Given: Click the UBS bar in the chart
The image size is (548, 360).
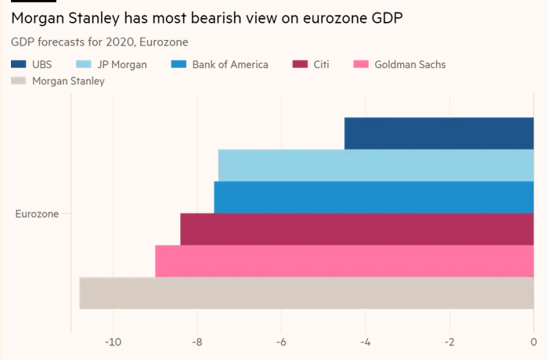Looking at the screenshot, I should click(438, 133).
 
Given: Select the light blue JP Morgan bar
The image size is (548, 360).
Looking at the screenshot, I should click(376, 165).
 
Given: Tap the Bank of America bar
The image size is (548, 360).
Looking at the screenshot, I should click(373, 197).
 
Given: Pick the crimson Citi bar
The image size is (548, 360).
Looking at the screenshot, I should click(357, 229).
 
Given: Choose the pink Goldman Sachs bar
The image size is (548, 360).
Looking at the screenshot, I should click(344, 261).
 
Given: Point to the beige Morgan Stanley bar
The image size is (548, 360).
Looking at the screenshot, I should click(307, 293).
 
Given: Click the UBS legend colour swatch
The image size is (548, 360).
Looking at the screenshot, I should click(19, 64).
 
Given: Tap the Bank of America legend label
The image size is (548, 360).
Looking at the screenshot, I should click(230, 64).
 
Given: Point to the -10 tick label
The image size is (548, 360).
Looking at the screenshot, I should click(113, 342).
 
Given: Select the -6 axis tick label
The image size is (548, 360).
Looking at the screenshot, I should click(281, 342).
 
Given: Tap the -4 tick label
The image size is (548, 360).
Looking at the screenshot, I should click(365, 342).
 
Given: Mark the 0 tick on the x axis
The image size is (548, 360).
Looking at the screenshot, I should click(533, 342).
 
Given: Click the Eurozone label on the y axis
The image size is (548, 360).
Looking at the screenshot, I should click(37, 214).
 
